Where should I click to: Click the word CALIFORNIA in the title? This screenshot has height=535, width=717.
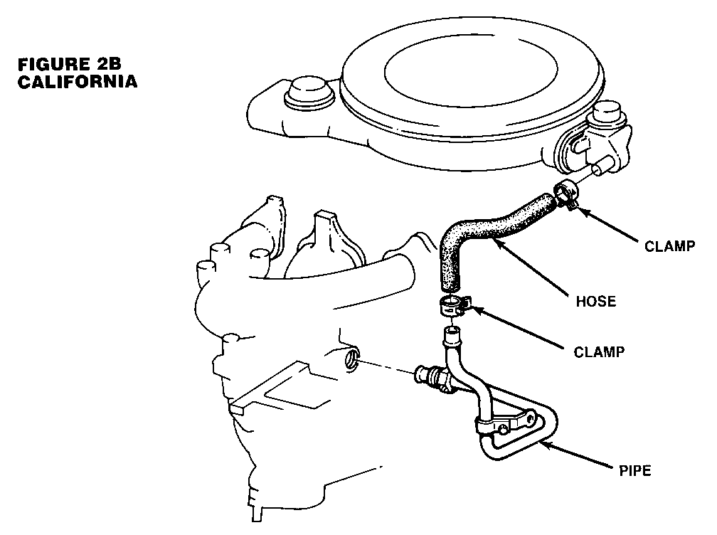77,81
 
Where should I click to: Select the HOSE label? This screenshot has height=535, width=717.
595,301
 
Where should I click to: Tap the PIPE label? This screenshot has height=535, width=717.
635,470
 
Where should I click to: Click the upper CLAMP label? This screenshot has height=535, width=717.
669,247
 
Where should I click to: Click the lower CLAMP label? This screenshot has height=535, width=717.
600,351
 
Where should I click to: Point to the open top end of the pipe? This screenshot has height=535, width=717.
450,331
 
